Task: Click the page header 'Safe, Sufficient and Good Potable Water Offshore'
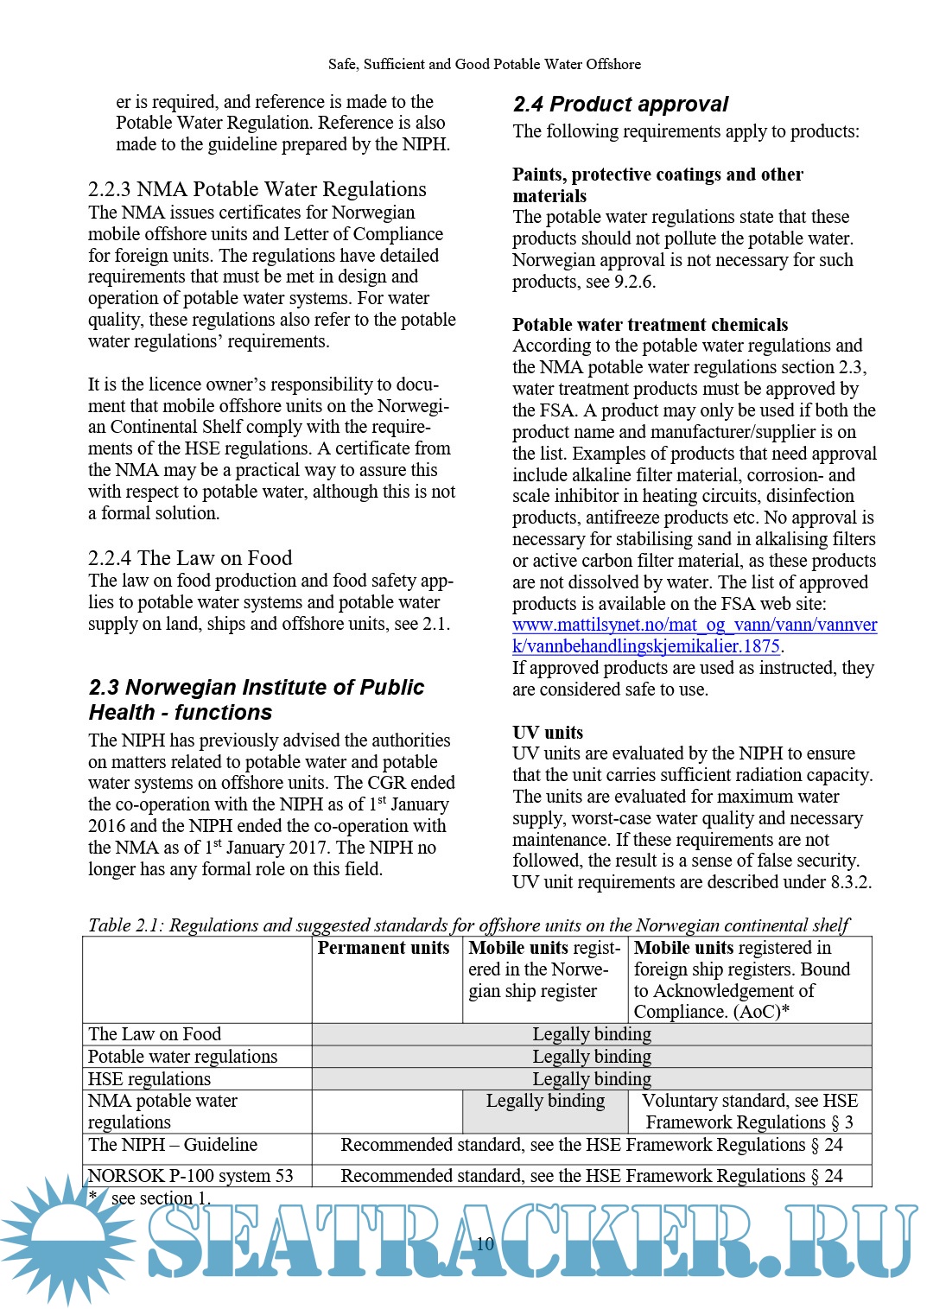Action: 484,64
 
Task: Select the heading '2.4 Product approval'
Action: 620,105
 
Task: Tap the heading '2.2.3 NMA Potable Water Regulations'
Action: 257,189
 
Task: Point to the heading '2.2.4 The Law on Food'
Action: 190,558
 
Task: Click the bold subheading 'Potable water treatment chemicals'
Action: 650,325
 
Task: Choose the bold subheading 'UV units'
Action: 548,733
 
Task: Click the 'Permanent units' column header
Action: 384,948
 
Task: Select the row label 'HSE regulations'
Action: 149,1079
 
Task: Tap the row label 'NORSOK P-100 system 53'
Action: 190,1176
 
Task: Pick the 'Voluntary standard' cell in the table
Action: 750,1111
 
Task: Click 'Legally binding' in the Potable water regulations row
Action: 592,1057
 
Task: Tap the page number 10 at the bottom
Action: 485,1243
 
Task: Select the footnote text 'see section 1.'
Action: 161,1198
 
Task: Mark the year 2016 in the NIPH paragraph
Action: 108,826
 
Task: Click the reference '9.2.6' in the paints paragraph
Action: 634,282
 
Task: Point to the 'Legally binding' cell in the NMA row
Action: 545,1101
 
